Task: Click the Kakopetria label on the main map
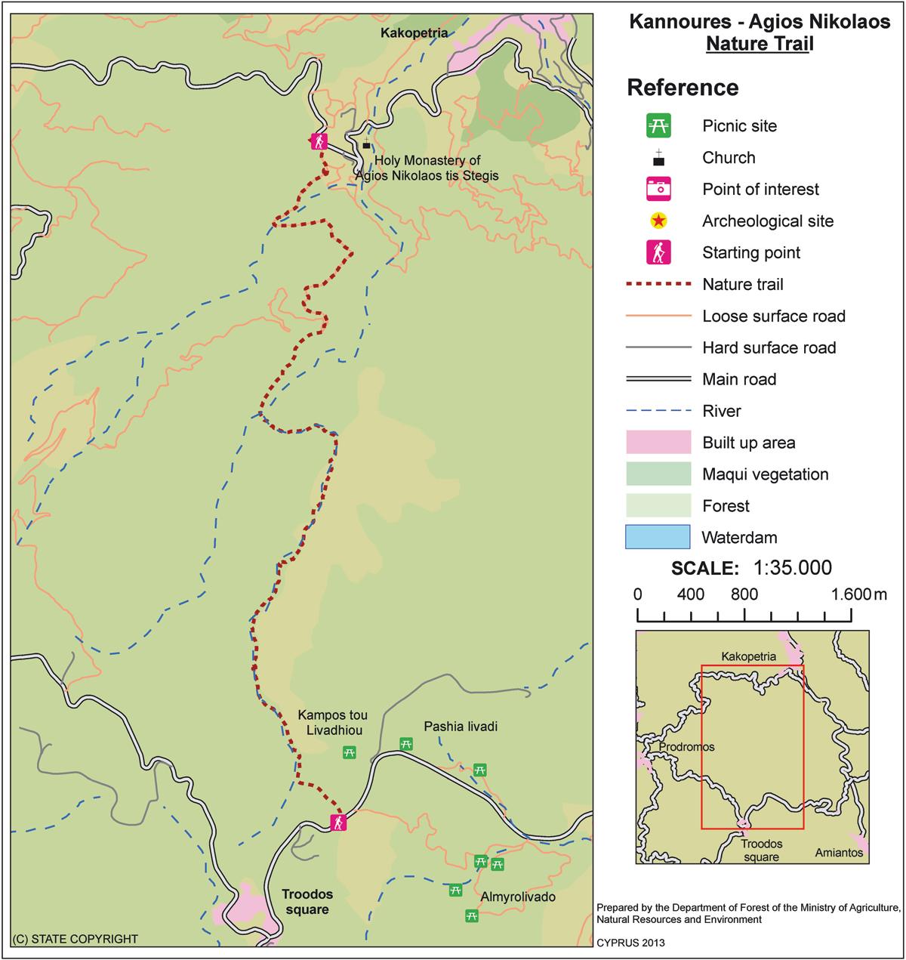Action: pos(414,33)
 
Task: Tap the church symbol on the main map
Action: pos(367,144)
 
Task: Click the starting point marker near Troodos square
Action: pos(339,823)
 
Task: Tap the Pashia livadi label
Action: pos(461,727)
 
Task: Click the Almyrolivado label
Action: pos(518,897)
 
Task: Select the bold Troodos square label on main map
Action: pos(307,902)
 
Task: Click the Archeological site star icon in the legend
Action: pos(658,221)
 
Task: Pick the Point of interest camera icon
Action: pos(658,189)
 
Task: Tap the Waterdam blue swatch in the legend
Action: pos(658,537)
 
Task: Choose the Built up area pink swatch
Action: pos(658,443)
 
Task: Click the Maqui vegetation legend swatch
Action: pos(658,474)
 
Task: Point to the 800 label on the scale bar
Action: pos(744,594)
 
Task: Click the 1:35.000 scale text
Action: pos(793,568)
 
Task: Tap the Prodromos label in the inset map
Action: pos(686,747)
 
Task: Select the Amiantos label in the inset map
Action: pos(839,853)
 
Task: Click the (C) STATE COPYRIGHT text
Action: pos(75,939)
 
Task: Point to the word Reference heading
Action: pos(683,88)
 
